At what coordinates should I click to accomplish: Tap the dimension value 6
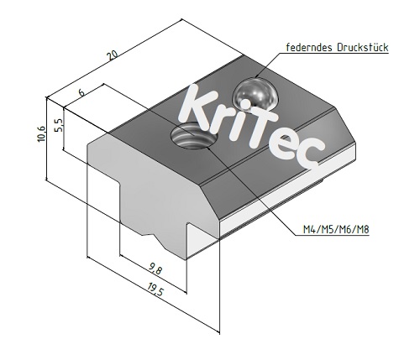click(x=81, y=92)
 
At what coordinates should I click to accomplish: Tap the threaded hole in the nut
click(x=191, y=137)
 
